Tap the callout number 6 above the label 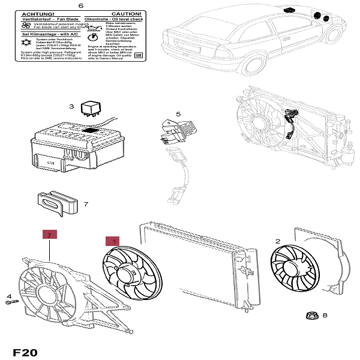[81, 5]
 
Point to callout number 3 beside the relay [71, 107]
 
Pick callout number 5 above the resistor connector [178, 114]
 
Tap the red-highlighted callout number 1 [112, 241]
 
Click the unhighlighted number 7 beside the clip [86, 204]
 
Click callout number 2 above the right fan [277, 241]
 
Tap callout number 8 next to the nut [325, 315]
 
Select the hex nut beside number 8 [311, 315]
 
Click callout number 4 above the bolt [9, 296]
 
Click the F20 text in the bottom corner [25, 352]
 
